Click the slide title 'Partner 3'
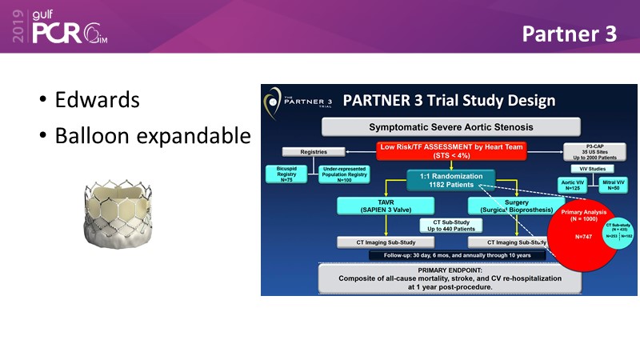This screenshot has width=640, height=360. coord(570,34)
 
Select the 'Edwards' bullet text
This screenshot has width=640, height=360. coord(97,101)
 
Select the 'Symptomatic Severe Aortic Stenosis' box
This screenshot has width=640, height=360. coord(450,126)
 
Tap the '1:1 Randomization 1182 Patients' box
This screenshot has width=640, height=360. coord(450,179)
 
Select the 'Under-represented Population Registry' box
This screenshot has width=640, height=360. coord(345,174)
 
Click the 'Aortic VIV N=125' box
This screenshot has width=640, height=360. coord(573,186)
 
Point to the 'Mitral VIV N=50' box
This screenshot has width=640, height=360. coord(614,186)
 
